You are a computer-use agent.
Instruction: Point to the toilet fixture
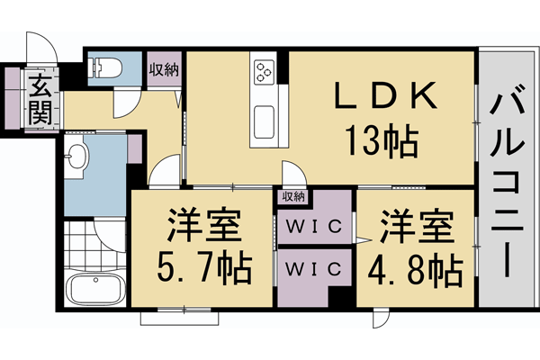pos(107,67)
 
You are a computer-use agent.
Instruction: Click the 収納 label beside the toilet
pos(164,68)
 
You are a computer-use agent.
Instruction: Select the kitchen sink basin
pos(266,121)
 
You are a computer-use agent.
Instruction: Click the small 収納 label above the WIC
pos(292,195)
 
